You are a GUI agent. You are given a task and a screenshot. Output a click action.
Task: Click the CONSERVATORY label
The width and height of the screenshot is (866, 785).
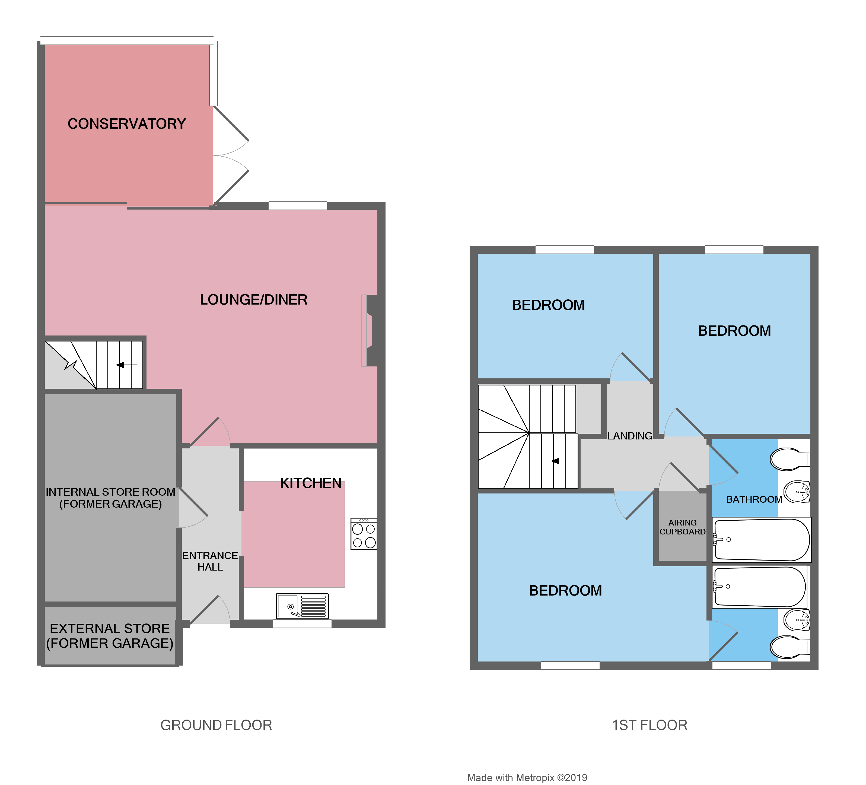click(x=127, y=124)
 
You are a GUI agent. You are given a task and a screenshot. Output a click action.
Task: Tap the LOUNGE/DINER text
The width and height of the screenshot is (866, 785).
click(x=253, y=299)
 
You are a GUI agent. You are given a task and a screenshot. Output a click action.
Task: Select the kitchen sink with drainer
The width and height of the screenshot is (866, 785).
click(x=302, y=606)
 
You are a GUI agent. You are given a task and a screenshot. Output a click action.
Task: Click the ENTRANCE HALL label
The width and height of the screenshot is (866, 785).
click(x=210, y=561)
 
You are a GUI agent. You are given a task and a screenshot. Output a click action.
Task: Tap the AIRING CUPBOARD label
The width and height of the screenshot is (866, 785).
click(x=683, y=527)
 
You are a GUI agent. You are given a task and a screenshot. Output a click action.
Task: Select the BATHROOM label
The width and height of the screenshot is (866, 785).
click(x=754, y=499)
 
